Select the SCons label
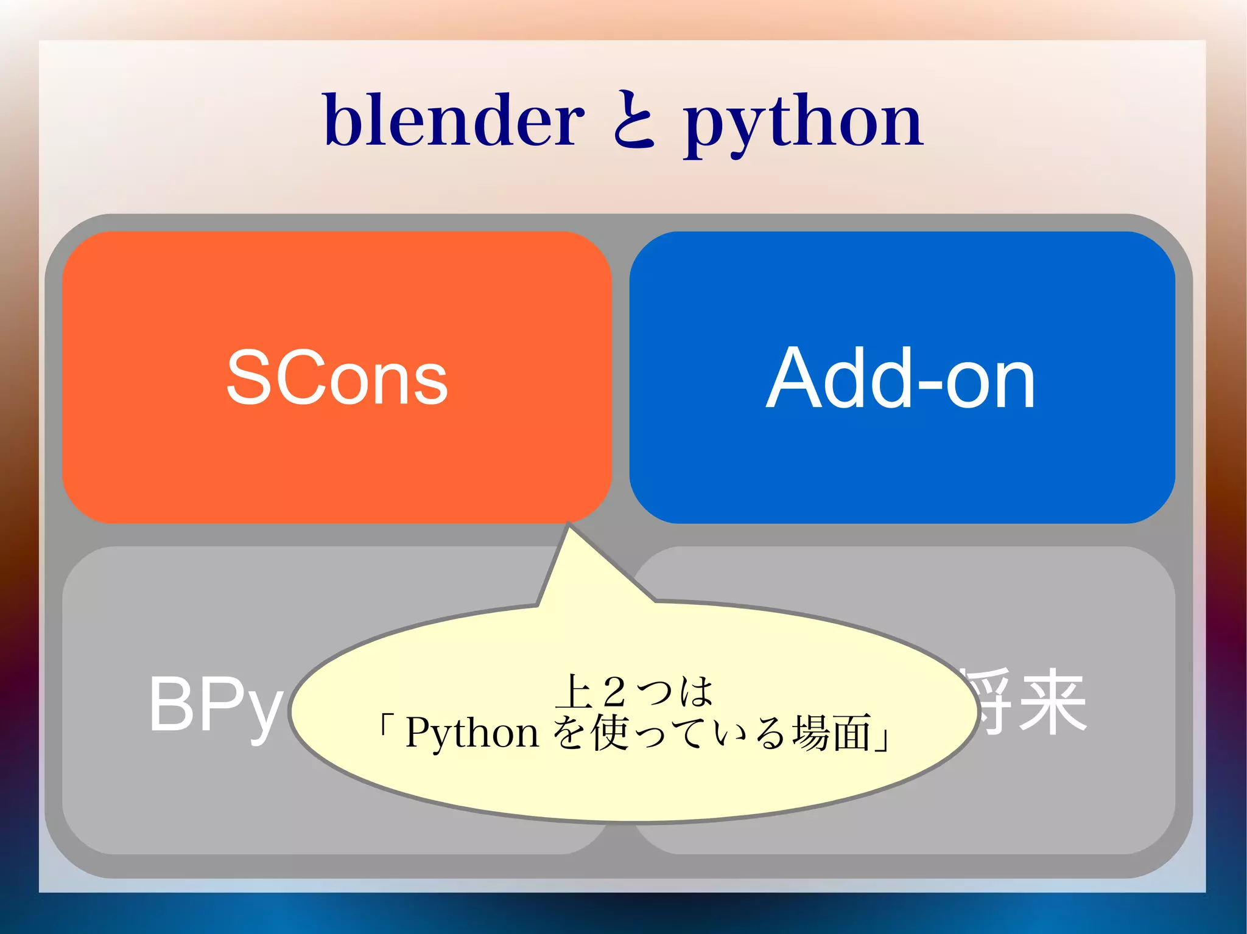pos(337,378)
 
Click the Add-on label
pos(901,378)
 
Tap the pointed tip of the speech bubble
pos(569,526)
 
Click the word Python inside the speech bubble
pos(472,733)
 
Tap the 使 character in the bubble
pos(609,733)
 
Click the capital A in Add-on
pos(794,378)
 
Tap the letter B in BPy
pos(170,705)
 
